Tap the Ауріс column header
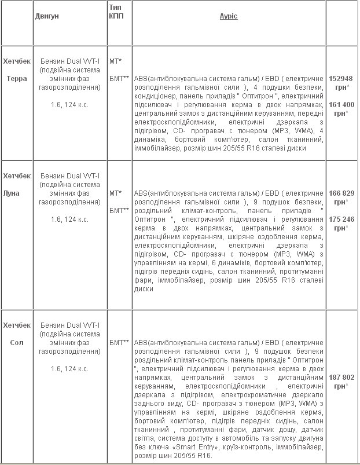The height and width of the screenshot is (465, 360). (229, 16)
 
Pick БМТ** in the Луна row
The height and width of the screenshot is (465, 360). (119, 210)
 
